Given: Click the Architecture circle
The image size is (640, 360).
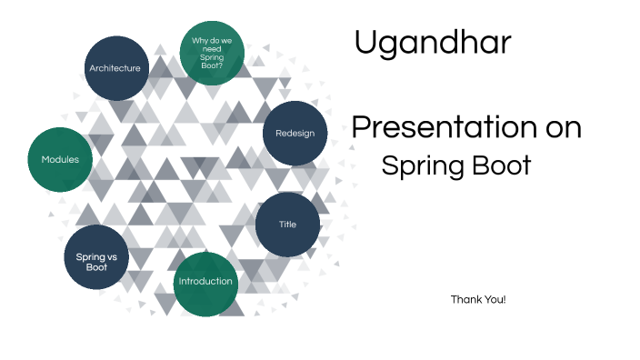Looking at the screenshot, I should coord(115,68).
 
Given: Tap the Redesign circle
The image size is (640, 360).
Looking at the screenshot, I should coord(295,134).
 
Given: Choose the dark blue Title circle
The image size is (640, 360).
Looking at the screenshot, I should coord(287,225).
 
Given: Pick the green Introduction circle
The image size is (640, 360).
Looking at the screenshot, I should coord(205,283).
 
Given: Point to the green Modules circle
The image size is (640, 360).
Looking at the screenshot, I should coord(60,159).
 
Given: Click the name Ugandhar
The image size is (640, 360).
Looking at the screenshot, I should coord(433,43).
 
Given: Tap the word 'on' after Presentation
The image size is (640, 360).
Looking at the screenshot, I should coord(557,128).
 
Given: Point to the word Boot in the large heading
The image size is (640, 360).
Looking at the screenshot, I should coord(501,166).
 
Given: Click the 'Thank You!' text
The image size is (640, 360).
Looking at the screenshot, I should coord(478,299).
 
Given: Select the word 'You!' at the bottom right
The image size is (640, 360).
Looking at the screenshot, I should coord(495,299).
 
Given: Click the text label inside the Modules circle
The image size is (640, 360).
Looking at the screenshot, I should coord(60,160).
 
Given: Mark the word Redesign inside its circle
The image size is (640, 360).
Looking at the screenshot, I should coord(295,134).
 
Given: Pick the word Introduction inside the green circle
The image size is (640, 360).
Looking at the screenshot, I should coord(205,281).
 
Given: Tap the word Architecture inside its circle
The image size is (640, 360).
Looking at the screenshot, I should coord(115,68).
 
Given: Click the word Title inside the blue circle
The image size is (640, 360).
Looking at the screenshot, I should coord(287,225).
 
